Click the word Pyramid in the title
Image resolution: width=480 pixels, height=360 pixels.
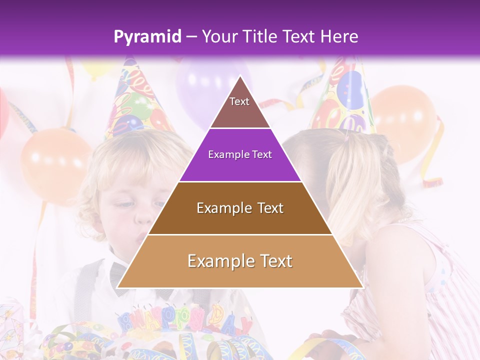147,37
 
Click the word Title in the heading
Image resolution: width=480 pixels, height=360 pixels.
260,36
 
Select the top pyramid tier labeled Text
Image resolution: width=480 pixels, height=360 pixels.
239,107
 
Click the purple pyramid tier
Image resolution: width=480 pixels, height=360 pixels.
240,155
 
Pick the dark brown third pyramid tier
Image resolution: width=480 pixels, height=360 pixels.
240,208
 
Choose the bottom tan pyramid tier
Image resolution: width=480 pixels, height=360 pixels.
240,261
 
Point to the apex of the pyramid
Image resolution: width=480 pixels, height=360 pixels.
240,78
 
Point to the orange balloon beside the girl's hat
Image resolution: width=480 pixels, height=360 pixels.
405,120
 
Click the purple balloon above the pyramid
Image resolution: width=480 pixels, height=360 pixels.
210,85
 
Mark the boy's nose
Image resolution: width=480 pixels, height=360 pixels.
144,217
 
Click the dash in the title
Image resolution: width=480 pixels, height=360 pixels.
191,37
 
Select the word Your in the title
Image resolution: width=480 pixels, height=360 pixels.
218,36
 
